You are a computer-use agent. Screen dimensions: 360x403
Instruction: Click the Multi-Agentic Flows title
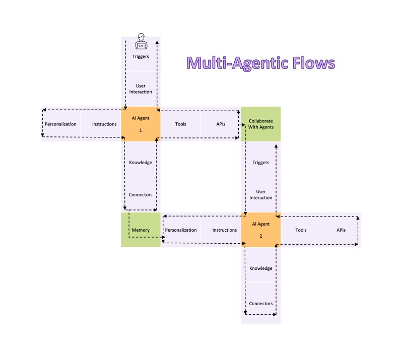pos(260,63)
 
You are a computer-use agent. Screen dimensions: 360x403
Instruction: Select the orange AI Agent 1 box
pos(141,124)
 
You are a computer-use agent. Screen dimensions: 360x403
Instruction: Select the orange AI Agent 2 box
pos(261,230)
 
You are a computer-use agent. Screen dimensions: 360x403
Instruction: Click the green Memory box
pos(141,230)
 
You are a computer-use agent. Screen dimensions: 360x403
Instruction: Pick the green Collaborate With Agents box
pos(261,124)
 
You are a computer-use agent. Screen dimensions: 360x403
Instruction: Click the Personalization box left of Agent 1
pos(60,124)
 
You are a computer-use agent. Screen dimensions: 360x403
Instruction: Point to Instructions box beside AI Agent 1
pos(104,124)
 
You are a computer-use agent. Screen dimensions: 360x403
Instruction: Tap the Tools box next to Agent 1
pos(180,124)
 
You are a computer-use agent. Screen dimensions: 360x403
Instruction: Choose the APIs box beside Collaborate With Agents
pos(221,124)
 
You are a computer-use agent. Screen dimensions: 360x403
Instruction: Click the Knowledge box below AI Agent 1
pos(141,162)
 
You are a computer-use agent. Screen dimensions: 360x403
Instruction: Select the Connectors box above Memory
pos(141,194)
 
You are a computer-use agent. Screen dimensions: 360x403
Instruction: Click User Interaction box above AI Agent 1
pos(141,89)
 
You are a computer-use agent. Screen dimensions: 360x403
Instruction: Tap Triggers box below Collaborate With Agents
pos(261,162)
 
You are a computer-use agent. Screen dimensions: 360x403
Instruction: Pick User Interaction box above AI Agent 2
pos(261,194)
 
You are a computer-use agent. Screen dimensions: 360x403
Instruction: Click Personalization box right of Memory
pos(180,230)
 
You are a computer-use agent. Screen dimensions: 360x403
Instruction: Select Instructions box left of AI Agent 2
pos(224,230)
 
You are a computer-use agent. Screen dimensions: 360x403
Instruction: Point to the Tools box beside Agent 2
pos(301,230)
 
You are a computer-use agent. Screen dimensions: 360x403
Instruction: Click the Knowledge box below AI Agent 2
pos(261,268)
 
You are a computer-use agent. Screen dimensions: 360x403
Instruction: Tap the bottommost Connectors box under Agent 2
pos(261,304)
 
